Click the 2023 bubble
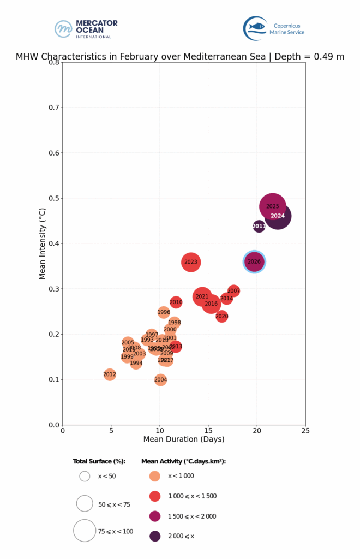tap(191, 262)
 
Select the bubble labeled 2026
tap(254, 261)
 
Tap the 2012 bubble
tap(110, 374)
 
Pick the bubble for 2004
tap(160, 379)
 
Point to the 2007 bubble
tap(233, 291)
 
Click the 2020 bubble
tap(221, 316)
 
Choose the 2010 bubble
tap(176, 302)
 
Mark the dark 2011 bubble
tap(259, 226)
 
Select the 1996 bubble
tap(164, 312)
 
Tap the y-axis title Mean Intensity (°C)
tap(43, 243)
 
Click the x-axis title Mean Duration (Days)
tap(183, 439)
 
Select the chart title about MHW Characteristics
tap(180, 56)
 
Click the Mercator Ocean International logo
tap(86, 28)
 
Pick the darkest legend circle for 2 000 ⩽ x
tap(155, 536)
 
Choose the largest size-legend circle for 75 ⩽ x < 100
tap(85, 530)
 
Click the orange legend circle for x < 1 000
tap(155, 476)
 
